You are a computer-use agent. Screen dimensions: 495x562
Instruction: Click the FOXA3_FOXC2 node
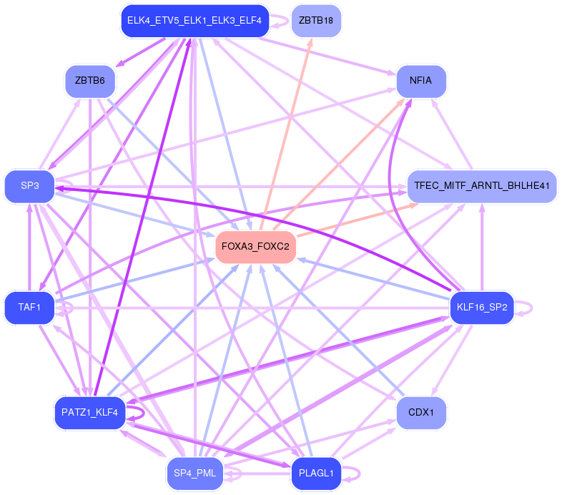coord(256,247)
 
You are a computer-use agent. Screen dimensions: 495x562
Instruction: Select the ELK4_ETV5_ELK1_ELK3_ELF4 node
coord(194,21)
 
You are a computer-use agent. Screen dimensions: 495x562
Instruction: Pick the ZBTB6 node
coord(89,80)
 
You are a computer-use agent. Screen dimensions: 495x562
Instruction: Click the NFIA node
coord(421,80)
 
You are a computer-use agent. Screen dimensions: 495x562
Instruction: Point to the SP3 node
coord(29,186)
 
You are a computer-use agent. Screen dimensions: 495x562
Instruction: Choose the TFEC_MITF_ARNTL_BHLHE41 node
coord(481,186)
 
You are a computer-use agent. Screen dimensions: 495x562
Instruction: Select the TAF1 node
coord(29,308)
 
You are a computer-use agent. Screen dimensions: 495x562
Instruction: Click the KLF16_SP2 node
coord(481,308)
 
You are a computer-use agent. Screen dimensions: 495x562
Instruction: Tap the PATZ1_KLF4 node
coord(89,413)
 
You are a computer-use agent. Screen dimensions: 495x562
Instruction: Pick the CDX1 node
coord(421,413)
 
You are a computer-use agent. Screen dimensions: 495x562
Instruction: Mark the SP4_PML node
coord(194,472)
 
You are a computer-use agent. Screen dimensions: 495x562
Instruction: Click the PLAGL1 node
coord(316,472)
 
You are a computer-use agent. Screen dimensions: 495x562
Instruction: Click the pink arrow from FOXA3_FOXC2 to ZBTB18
coord(289,129)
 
